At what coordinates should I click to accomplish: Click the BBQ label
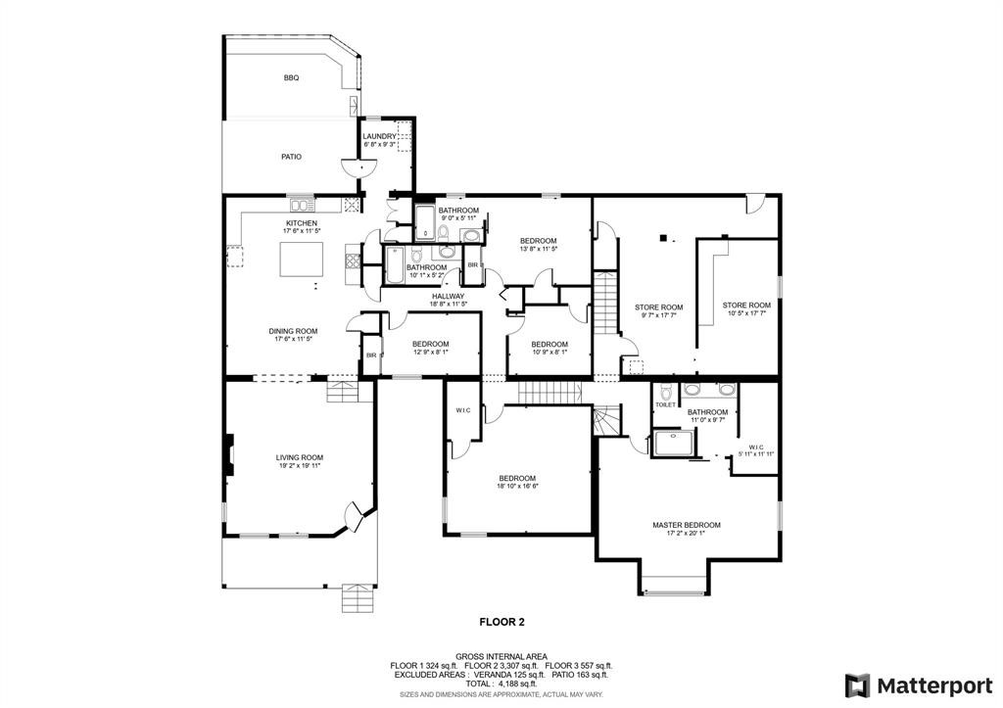point(290,77)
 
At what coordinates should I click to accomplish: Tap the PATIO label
point(291,157)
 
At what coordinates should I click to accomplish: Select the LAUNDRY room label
point(379,137)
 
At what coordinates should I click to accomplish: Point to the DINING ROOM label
point(294,331)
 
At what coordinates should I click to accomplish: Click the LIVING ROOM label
point(299,457)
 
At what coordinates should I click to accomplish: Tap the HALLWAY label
point(449,296)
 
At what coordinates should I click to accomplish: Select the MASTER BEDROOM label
point(686,525)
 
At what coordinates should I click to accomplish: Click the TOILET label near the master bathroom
point(665,404)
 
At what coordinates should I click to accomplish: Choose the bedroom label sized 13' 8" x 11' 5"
point(538,241)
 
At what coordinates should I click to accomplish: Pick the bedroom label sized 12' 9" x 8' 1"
point(430,344)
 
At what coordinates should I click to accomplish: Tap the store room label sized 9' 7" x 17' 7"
point(657,307)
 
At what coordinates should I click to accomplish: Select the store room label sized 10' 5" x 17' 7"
point(746,306)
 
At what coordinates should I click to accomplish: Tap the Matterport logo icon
point(857,684)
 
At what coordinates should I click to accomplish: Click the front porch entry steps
point(358,596)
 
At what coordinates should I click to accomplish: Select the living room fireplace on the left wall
point(228,455)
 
